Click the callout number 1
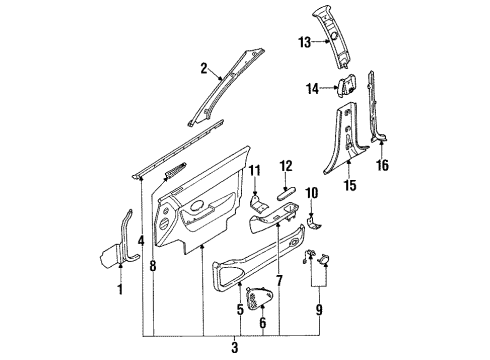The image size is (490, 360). pyautogui.click(x=120, y=289)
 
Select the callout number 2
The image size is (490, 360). pyautogui.click(x=204, y=68)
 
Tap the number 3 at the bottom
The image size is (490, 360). pyautogui.click(x=235, y=347)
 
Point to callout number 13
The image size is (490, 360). pyautogui.click(x=305, y=43)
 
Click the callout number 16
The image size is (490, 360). pyautogui.click(x=383, y=165)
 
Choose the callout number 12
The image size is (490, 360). pyautogui.click(x=286, y=166)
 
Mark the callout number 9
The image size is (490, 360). pyautogui.click(x=319, y=310)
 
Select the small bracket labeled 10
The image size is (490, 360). pyautogui.click(x=314, y=223)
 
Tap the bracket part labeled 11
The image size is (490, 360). pyautogui.click(x=258, y=204)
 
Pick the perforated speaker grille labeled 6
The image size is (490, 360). pyautogui.click(x=260, y=298)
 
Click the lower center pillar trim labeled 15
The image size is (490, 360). pyautogui.click(x=343, y=140)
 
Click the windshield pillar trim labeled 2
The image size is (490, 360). pyautogui.click(x=227, y=87)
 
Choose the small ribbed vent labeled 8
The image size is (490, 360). pyautogui.click(x=176, y=169)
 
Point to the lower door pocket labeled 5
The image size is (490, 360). pyautogui.click(x=257, y=258)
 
